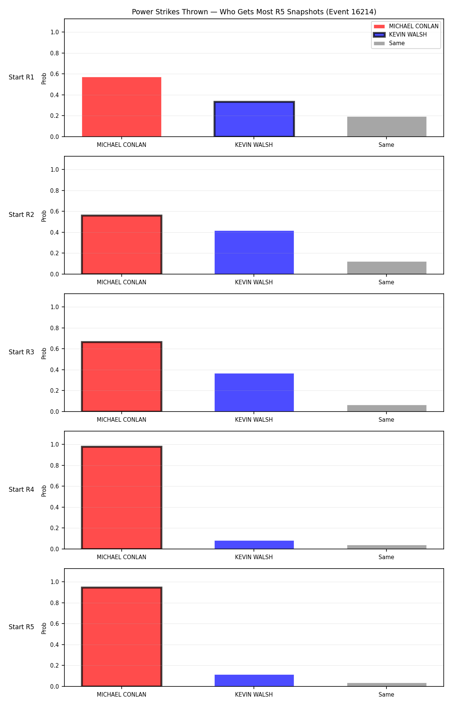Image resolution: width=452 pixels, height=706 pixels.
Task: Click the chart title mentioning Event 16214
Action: coord(254,12)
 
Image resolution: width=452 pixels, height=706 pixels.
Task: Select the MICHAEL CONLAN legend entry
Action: coord(406,26)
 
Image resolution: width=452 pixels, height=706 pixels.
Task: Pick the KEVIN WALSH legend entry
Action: coord(400,35)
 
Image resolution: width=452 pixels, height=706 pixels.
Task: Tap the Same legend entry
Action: coord(389,43)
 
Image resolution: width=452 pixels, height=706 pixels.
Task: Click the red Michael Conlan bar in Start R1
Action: coord(122,107)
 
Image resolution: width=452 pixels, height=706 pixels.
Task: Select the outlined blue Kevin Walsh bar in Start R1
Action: coord(254,119)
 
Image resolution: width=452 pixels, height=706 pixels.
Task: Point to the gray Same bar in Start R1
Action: coord(387,127)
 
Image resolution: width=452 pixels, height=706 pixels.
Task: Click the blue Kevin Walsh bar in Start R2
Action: coord(254,252)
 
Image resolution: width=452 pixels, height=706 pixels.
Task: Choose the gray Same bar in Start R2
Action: coord(387,268)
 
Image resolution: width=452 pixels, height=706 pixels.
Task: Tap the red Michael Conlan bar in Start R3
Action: coord(122,377)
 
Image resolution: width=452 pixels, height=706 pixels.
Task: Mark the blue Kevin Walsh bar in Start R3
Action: coord(254,392)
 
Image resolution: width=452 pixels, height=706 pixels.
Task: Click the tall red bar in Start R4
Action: coord(122,498)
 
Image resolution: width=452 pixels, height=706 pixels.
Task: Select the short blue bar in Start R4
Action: coord(254,545)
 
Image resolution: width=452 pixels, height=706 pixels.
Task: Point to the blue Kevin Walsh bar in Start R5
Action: coord(254,680)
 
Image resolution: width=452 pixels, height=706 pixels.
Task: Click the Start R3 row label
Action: coord(21,352)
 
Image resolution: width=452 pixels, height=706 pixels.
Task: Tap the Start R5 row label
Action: coord(21,627)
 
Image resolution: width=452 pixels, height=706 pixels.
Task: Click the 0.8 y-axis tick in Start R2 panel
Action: coord(55,191)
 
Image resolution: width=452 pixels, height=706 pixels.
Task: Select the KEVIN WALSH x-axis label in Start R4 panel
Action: coord(254,557)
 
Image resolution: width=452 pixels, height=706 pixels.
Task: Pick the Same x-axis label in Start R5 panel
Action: coord(386,694)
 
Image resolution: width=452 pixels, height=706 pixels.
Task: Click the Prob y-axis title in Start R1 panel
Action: coord(44,78)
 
